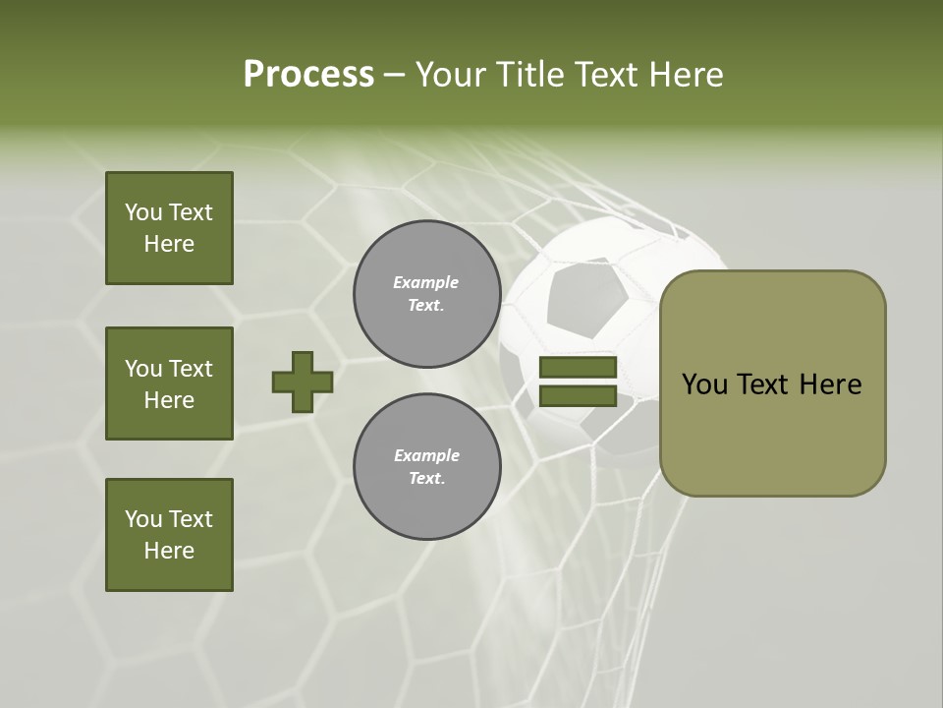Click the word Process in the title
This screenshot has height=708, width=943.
[308, 74]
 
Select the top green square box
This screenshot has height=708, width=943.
[169, 228]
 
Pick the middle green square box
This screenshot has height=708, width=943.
[169, 383]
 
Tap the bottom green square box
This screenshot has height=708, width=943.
[169, 535]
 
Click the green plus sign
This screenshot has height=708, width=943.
[303, 382]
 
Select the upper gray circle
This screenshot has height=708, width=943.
[427, 294]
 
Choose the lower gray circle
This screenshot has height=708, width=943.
[427, 467]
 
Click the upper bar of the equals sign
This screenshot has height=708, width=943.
[578, 368]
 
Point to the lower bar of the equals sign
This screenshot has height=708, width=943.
[578, 395]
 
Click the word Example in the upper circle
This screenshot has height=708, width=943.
[426, 282]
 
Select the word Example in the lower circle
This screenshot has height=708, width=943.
[426, 455]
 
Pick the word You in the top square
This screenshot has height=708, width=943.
[143, 212]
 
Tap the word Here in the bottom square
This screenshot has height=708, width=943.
[169, 551]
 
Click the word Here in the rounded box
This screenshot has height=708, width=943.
[831, 384]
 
